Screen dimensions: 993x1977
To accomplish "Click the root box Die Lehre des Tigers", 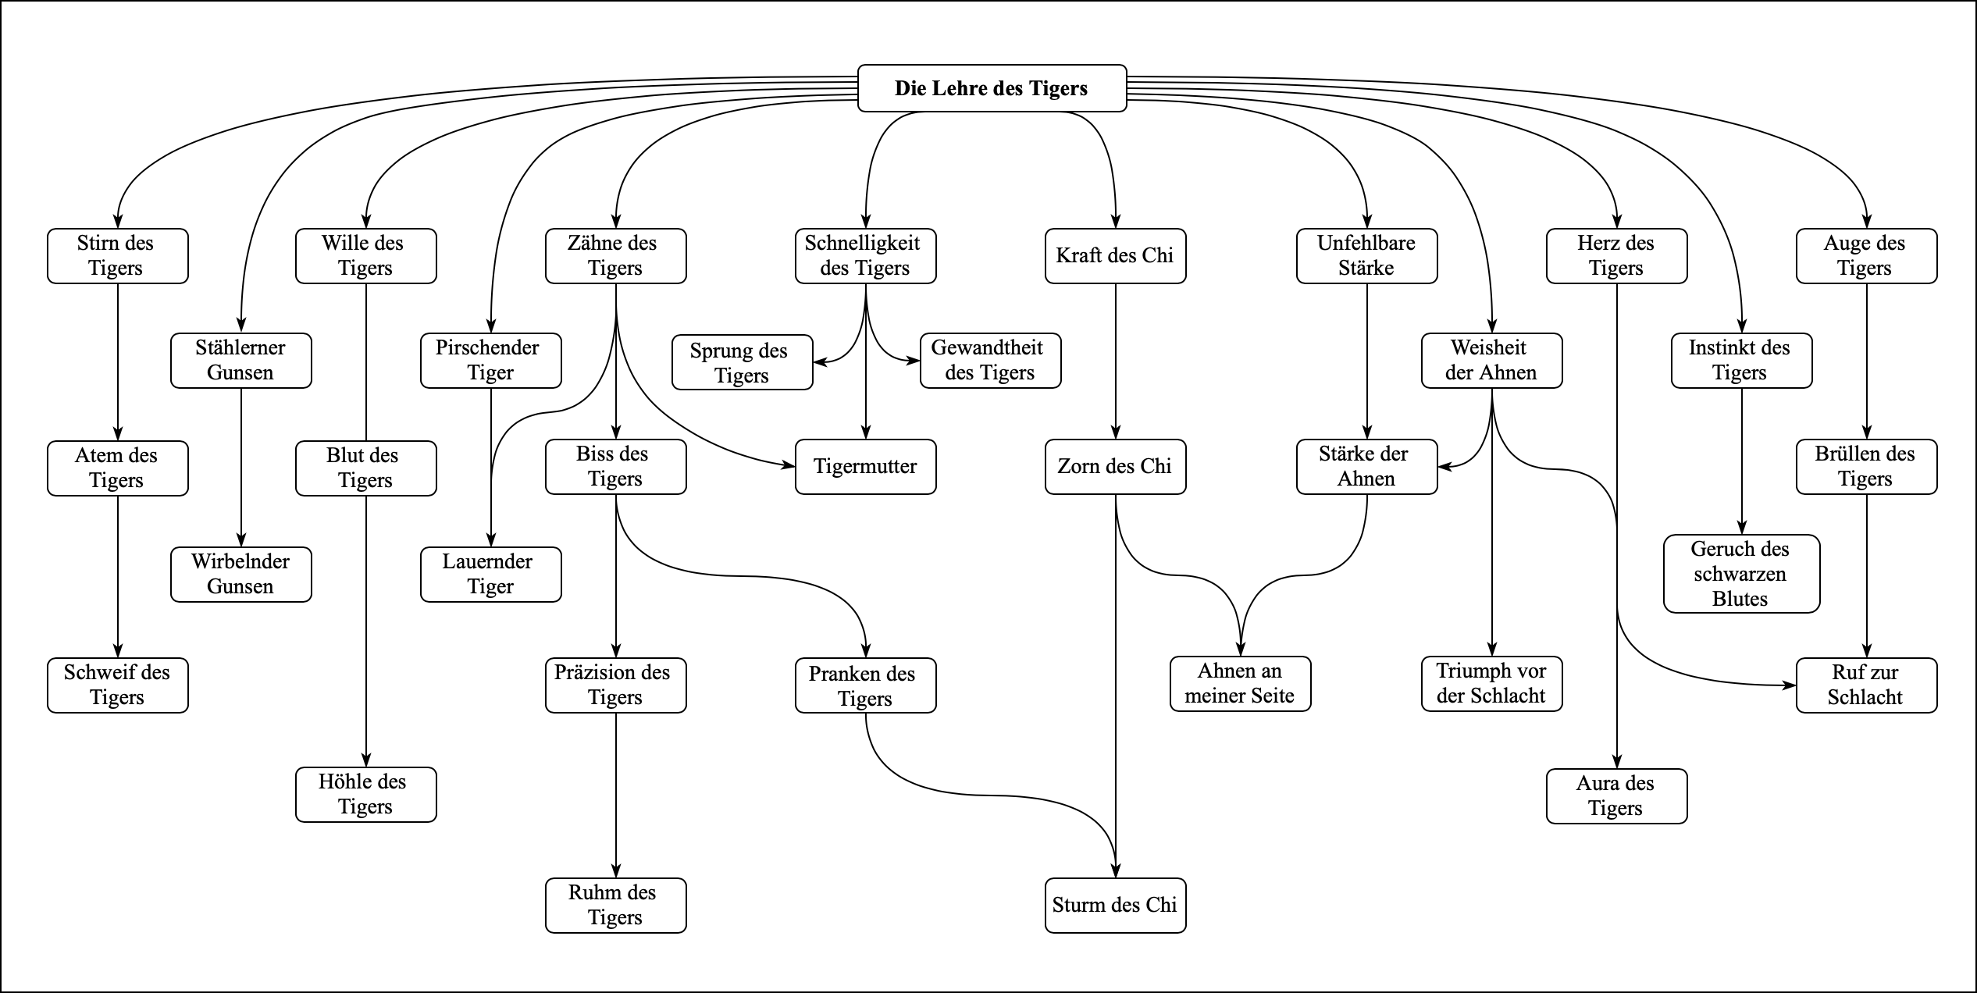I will [992, 88].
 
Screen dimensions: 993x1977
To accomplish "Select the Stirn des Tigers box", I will [117, 255].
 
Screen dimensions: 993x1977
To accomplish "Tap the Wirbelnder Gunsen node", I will [240, 574].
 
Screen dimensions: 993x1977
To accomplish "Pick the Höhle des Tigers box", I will [365, 794].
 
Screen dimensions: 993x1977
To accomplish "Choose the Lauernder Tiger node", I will [490, 574].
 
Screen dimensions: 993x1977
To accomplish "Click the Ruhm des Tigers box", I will [615, 905].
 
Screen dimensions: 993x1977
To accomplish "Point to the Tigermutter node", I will [865, 466].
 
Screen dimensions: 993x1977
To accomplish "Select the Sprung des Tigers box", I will [742, 362].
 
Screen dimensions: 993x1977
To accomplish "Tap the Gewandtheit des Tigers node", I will [990, 360].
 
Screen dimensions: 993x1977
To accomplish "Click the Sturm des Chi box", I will [1115, 905].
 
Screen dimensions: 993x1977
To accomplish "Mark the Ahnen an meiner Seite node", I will [1240, 683].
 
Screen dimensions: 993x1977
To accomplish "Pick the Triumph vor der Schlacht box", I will [1491, 683].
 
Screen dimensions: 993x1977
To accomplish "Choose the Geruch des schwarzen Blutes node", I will [1741, 574].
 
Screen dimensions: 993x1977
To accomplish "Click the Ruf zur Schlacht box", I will [1866, 685].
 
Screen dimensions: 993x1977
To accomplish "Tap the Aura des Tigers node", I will [1616, 795].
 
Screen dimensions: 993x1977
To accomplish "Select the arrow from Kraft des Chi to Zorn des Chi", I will [1116, 359].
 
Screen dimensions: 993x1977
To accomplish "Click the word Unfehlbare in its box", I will [1366, 243].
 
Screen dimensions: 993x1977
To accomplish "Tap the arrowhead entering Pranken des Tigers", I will [866, 651].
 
